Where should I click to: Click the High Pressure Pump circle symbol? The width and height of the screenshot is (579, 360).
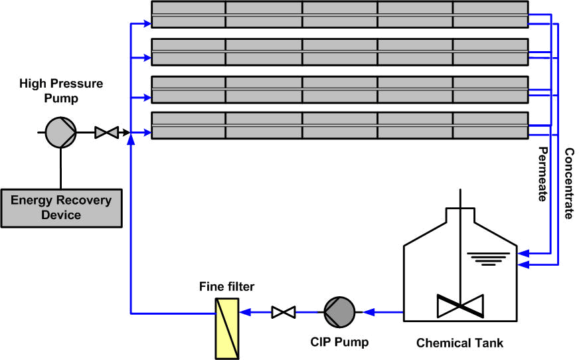[x=61, y=133]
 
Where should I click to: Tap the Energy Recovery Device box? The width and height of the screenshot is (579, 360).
[x=61, y=207]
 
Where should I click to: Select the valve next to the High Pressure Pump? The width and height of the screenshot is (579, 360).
[x=106, y=133]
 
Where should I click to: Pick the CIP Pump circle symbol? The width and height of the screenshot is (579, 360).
[x=339, y=311]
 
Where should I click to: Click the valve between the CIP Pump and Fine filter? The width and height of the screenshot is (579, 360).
[x=284, y=311]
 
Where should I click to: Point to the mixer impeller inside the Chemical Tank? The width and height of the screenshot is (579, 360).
[x=460, y=306]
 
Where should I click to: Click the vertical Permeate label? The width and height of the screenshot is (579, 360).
[x=542, y=173]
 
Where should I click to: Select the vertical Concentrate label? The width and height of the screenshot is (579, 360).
[x=568, y=184]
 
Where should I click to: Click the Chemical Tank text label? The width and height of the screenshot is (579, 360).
[x=459, y=343]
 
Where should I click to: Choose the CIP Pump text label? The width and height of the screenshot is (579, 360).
[x=339, y=343]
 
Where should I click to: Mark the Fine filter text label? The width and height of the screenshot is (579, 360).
[x=227, y=287]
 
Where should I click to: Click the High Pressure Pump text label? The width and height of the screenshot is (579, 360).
[x=61, y=91]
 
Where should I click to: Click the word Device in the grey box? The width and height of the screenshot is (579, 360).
[x=61, y=215]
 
